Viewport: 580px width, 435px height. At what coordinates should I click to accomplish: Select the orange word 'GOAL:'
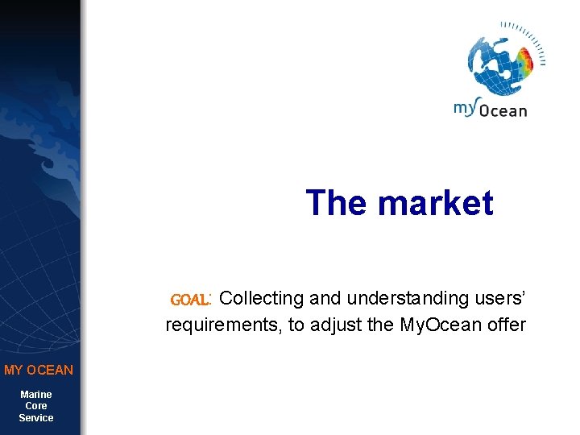pyautogui.click(x=191, y=300)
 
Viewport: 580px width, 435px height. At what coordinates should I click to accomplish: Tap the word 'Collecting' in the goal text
pyautogui.click(x=261, y=298)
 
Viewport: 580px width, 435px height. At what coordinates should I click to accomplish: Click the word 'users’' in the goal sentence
pyautogui.click(x=495, y=298)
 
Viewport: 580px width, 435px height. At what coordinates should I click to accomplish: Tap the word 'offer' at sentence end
pyautogui.click(x=507, y=325)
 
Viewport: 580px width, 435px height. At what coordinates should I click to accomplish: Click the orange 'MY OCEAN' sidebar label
pyautogui.click(x=39, y=370)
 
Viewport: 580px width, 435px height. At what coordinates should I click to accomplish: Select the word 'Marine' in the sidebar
pyautogui.click(x=36, y=394)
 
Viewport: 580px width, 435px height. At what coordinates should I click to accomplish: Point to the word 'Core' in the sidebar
pyautogui.click(x=36, y=406)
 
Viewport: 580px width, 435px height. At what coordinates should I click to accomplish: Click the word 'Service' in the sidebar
pyautogui.click(x=36, y=417)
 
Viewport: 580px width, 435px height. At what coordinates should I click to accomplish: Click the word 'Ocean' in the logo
pyautogui.click(x=503, y=111)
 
